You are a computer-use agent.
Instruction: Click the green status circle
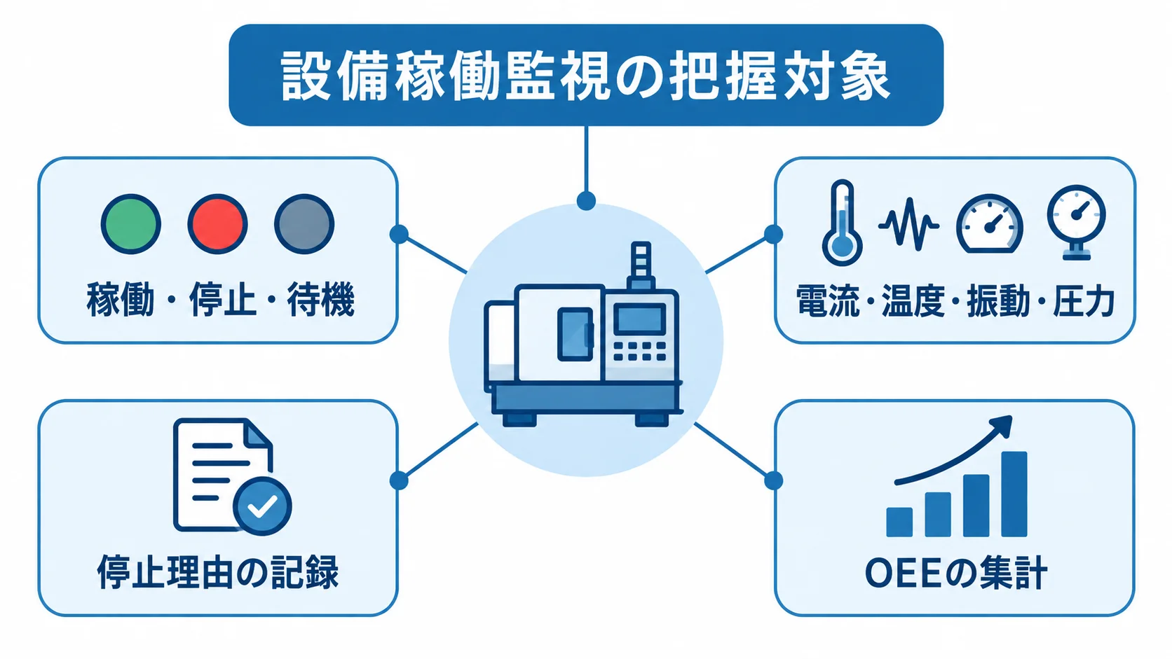tap(131, 224)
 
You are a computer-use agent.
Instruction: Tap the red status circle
tap(217, 224)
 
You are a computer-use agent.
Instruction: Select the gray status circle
tap(304, 224)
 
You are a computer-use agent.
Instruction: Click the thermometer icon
tap(842, 223)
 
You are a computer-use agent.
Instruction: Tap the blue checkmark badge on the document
tap(262, 506)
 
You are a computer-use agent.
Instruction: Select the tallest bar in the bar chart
tap(1014, 494)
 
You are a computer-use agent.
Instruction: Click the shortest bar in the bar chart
tap(899, 522)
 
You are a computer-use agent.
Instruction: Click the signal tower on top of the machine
tap(641, 265)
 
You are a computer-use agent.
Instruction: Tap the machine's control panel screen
tap(639, 319)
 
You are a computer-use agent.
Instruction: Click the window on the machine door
tap(575, 335)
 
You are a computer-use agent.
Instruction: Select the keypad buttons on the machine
tap(639, 351)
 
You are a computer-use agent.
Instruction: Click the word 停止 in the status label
tap(223, 299)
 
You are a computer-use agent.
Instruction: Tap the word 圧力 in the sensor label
tap(1084, 300)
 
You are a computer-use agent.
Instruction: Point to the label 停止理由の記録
tap(218, 571)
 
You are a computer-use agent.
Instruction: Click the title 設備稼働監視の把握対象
tap(585, 76)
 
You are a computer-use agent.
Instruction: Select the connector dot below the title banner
tap(586, 201)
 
